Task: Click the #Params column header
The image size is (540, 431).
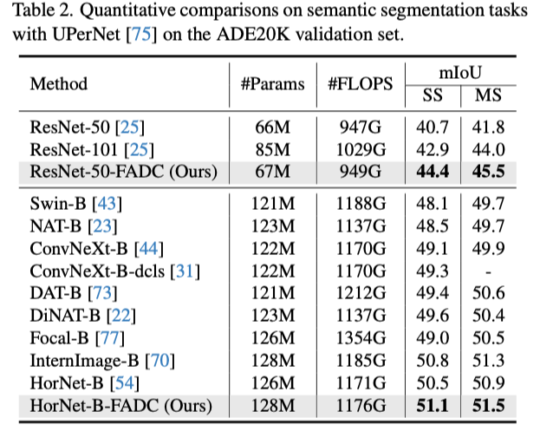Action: coord(272,84)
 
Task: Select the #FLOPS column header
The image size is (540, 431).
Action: coord(360,84)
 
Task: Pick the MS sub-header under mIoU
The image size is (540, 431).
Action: coord(487,95)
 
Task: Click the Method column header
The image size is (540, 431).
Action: coord(59,84)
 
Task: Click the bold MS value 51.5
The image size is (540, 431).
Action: coord(487,403)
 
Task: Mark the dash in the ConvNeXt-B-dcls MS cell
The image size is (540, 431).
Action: coord(487,271)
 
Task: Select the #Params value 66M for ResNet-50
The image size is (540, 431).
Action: coord(272,126)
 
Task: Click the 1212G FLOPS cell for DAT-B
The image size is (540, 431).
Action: coord(360,292)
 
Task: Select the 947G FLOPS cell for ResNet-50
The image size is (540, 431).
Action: coord(360,126)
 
